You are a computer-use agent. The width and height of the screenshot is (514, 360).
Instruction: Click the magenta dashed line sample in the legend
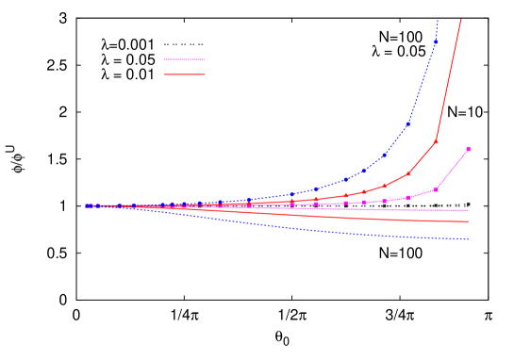pos(185,59)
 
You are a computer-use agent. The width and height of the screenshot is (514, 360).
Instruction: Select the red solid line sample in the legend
pos(185,74)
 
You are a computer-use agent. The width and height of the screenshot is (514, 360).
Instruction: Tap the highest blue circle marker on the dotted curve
pos(436,41)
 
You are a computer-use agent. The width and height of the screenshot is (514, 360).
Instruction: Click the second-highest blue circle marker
pos(409,123)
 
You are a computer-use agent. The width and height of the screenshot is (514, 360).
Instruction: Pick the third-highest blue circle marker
pos(385,155)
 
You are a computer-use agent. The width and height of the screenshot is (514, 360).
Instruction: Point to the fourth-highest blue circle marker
pos(364,171)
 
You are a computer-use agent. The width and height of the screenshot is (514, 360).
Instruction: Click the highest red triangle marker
pos(436,140)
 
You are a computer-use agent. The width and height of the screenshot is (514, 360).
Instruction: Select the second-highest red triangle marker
pos(408,173)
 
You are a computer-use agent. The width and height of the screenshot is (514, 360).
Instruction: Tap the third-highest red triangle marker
pos(385,186)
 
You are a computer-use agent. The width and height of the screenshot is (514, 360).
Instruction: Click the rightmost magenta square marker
pos(468,149)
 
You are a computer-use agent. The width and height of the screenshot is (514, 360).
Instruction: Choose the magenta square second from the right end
pos(436,189)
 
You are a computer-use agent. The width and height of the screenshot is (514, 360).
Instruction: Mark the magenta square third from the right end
pos(408,198)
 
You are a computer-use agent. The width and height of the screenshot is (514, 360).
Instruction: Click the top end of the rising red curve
pos(460,20)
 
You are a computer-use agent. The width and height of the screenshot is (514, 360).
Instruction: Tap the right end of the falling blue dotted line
pos(469,239)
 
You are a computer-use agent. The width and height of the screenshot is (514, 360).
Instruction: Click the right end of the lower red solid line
pos(469,221)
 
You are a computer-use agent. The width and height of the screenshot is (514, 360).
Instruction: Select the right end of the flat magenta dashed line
pos(469,210)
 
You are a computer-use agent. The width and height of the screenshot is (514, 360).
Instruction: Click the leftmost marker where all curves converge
pos(87,205)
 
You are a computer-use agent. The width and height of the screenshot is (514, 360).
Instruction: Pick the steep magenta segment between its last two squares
pos(453,169)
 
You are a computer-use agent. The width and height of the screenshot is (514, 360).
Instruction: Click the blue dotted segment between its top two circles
pos(423,81)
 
